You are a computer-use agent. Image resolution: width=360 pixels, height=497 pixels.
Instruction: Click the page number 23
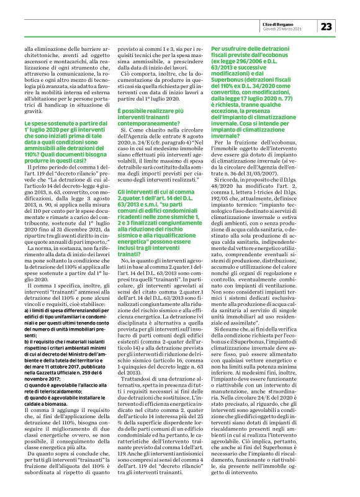click(327, 25)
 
